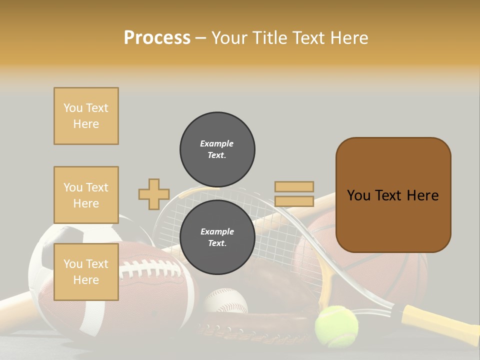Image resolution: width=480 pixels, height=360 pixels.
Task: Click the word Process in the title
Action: [157, 38]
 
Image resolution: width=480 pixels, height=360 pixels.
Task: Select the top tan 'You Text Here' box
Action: [86, 116]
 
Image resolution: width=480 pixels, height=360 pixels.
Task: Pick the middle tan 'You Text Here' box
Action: [86, 195]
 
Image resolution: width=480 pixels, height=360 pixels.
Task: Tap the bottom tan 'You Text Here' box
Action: [86, 272]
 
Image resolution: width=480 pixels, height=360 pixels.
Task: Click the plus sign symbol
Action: [153, 194]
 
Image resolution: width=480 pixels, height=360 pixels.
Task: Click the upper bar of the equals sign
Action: [294, 186]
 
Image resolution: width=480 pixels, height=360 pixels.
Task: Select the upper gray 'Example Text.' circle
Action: [217, 149]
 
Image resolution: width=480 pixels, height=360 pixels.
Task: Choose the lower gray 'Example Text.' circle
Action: [217, 237]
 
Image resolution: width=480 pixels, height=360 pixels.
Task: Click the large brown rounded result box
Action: [393, 195]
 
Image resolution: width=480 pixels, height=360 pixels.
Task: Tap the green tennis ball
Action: [336, 326]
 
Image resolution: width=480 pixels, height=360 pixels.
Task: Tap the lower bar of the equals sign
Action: [294, 201]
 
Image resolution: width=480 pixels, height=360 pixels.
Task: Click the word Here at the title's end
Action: [349, 38]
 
